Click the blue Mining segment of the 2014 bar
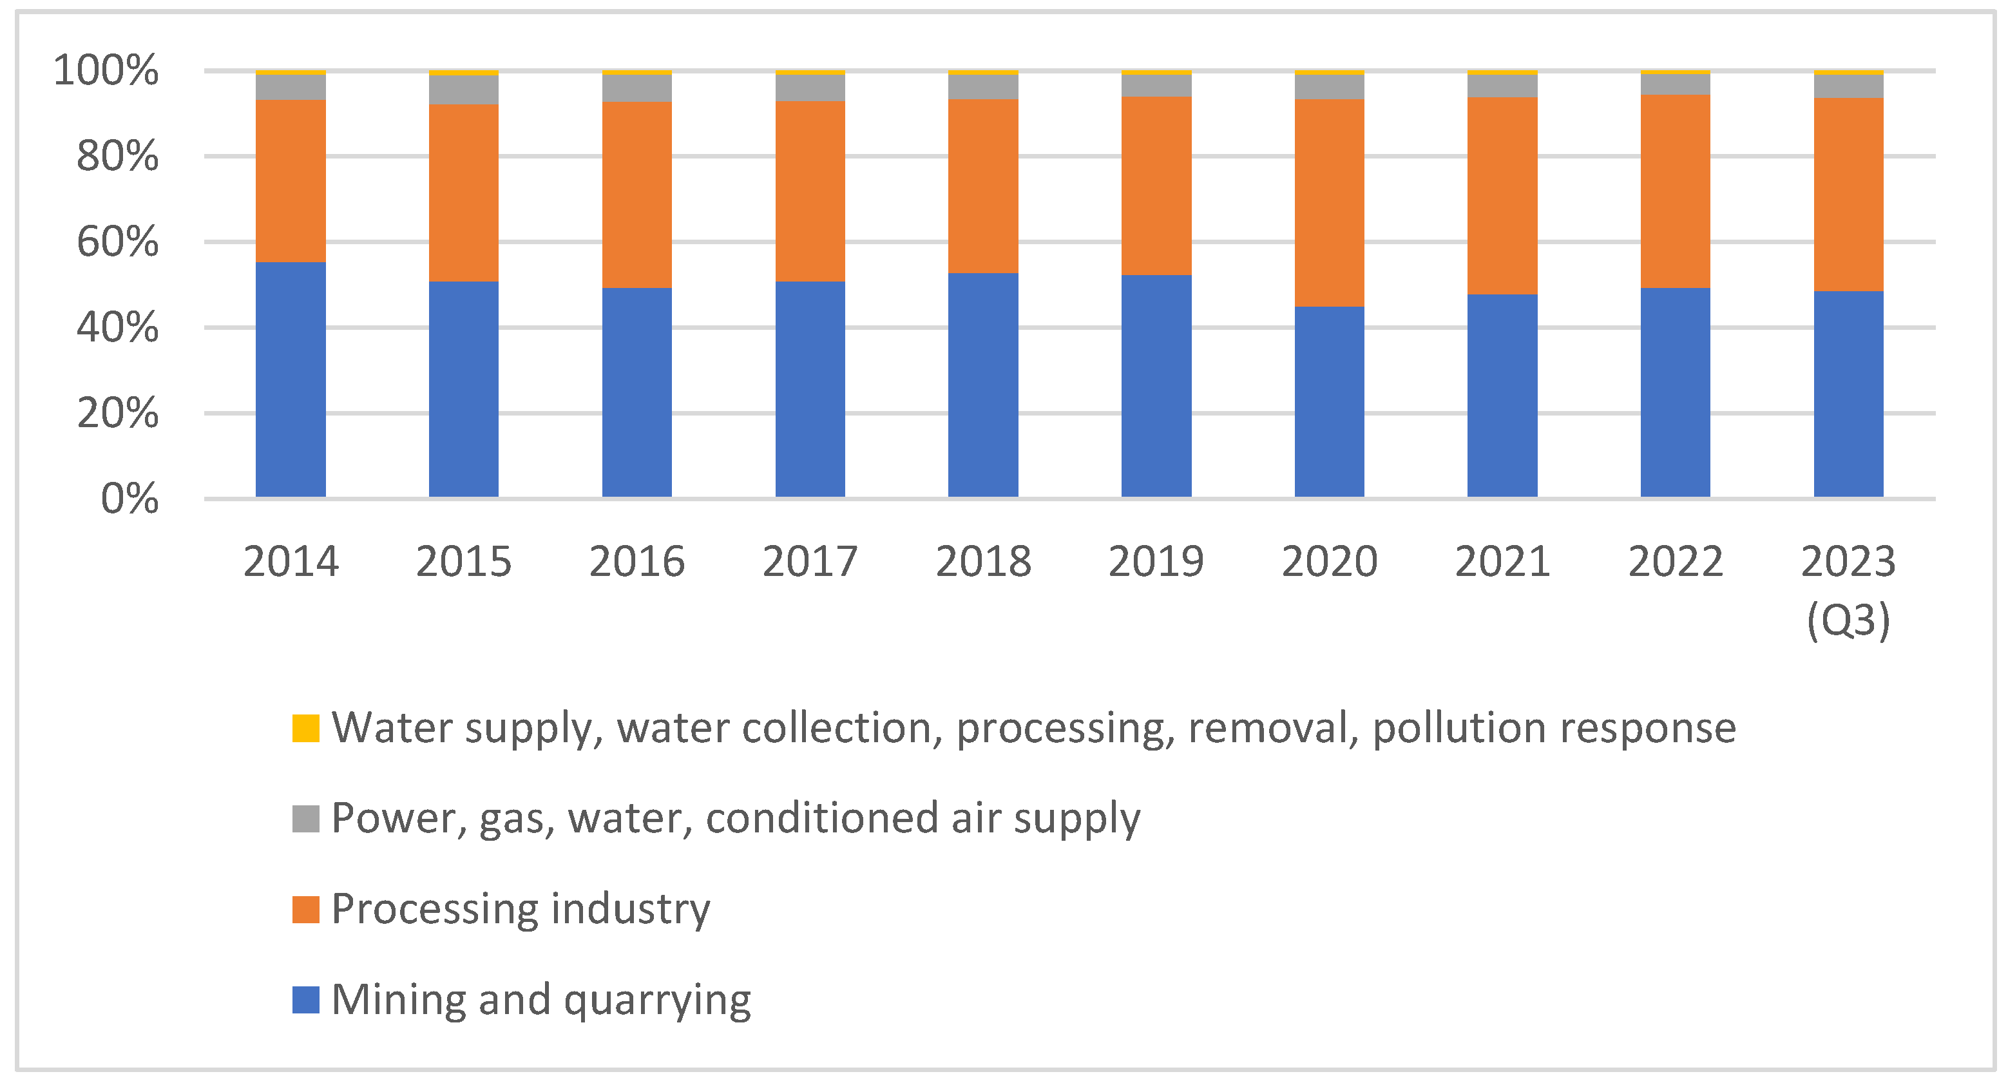tap(290, 379)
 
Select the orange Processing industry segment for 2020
tap(1329, 203)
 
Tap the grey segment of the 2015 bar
tap(463, 90)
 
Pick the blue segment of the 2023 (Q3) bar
tap(1848, 394)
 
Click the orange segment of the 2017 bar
tap(810, 191)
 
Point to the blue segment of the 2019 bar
tap(1156, 386)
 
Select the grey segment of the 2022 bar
tap(1675, 84)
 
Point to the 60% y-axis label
tap(117, 242)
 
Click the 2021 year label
tap(1502, 561)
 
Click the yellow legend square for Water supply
tap(305, 727)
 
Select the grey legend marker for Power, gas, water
tap(305, 819)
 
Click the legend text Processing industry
tap(521, 909)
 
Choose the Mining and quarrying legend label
tap(541, 1000)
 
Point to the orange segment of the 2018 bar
tap(983, 186)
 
